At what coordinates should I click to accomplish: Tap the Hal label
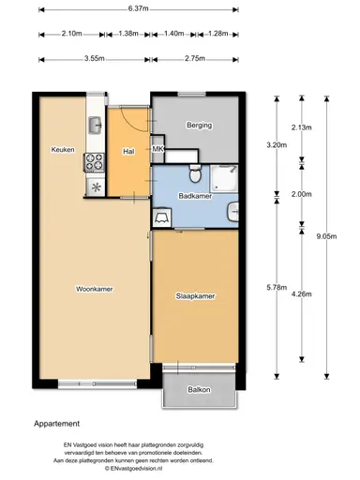tap(129, 151)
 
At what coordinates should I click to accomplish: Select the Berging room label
tap(199, 125)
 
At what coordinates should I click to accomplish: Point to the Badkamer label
tap(194, 196)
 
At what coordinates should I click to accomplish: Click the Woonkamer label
tap(94, 289)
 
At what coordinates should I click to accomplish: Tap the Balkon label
tap(199, 389)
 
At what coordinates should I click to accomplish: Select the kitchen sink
tap(95, 121)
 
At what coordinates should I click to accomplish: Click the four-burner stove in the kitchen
tap(95, 162)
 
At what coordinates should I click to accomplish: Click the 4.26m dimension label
tap(301, 294)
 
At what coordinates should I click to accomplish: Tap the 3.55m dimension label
tap(92, 58)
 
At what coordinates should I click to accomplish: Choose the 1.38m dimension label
tap(130, 34)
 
